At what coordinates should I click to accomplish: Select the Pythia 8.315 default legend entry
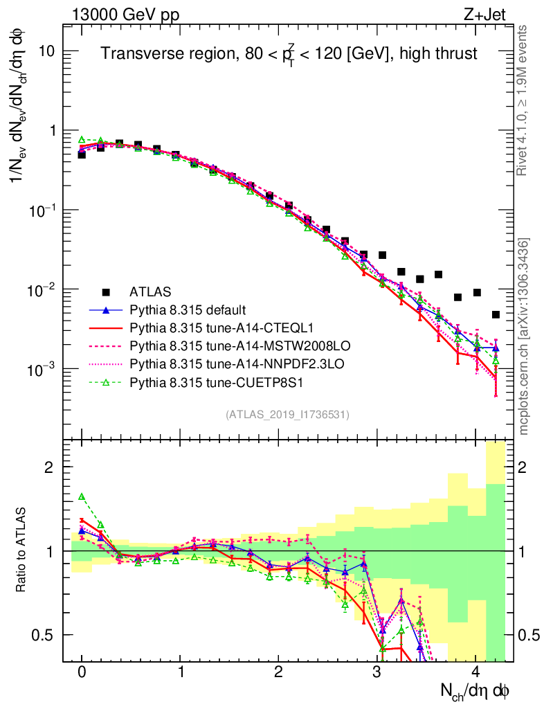(189, 309)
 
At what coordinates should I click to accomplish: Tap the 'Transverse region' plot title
(289, 53)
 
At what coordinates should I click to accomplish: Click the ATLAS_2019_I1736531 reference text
(287, 415)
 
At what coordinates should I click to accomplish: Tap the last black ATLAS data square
(496, 314)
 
